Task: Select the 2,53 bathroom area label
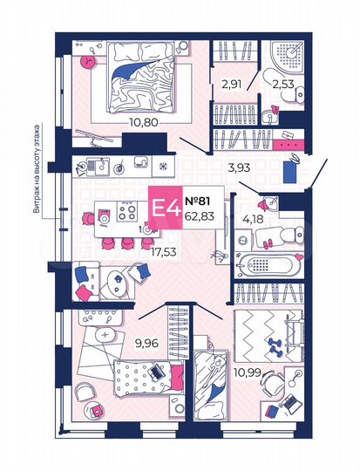coord(282,85)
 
